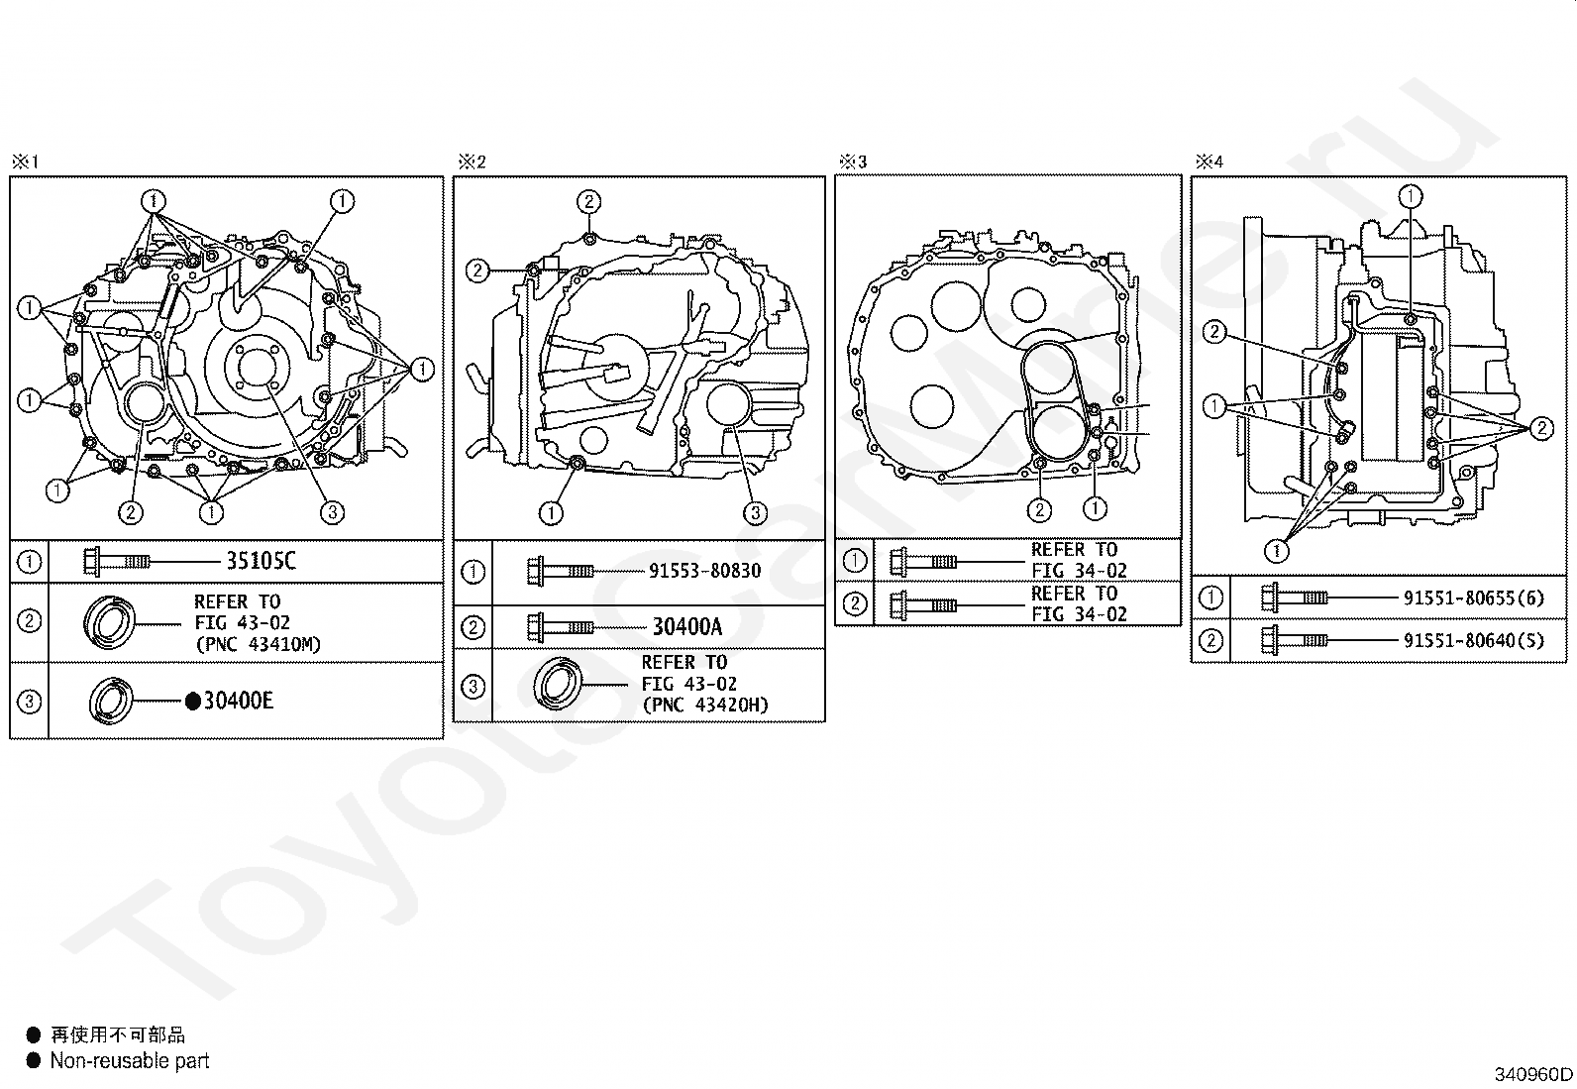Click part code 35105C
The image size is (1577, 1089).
261,561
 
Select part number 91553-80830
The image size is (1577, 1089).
704,571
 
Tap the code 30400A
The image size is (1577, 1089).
687,626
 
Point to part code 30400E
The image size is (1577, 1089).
238,701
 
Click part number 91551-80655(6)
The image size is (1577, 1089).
1474,599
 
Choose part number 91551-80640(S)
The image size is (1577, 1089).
1474,640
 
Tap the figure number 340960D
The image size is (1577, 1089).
1533,1074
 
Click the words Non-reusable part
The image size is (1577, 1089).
130,1061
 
